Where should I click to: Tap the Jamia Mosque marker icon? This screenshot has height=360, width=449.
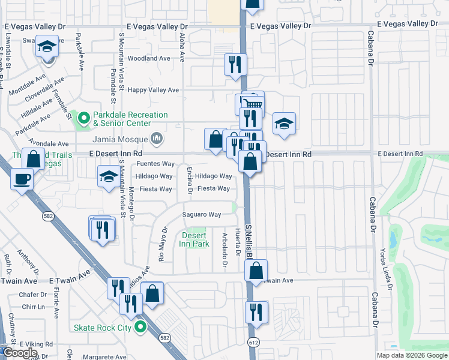[x=157, y=139]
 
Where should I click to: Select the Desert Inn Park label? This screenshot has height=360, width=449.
[x=194, y=239]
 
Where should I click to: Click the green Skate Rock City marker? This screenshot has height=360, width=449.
[x=140, y=327]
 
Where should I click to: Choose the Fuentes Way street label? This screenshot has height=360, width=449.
[x=155, y=164]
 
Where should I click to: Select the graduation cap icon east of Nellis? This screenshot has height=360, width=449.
[x=285, y=124]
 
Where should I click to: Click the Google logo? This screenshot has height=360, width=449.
[x=20, y=353]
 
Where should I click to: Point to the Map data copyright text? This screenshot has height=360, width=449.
[x=412, y=355]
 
